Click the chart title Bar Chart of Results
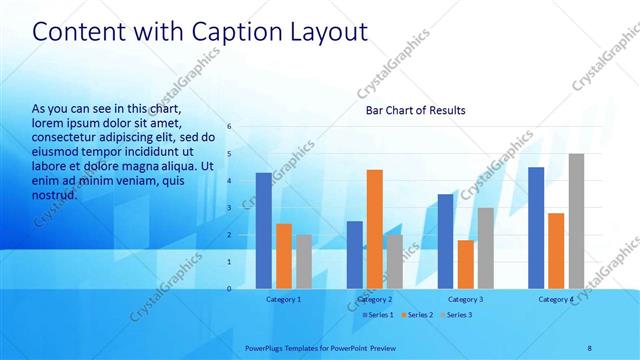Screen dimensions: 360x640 (x=415, y=110)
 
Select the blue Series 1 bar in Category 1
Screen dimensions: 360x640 (x=263, y=230)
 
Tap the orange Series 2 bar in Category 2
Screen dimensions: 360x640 (x=375, y=229)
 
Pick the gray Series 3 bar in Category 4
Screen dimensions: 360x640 (x=576, y=221)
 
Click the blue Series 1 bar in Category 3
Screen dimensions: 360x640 (x=445, y=241)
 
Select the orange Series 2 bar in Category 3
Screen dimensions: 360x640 (x=465, y=264)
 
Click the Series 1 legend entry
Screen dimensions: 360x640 (x=378, y=315)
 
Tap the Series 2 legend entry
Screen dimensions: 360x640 (x=417, y=315)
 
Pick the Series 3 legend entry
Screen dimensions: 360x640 (x=456, y=315)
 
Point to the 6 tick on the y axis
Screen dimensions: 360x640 (x=229, y=127)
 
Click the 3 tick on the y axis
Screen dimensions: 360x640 (x=229, y=208)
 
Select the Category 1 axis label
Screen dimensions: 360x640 (x=283, y=299)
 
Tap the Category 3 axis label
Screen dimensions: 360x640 (x=465, y=299)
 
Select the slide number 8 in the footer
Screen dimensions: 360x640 (x=589, y=347)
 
